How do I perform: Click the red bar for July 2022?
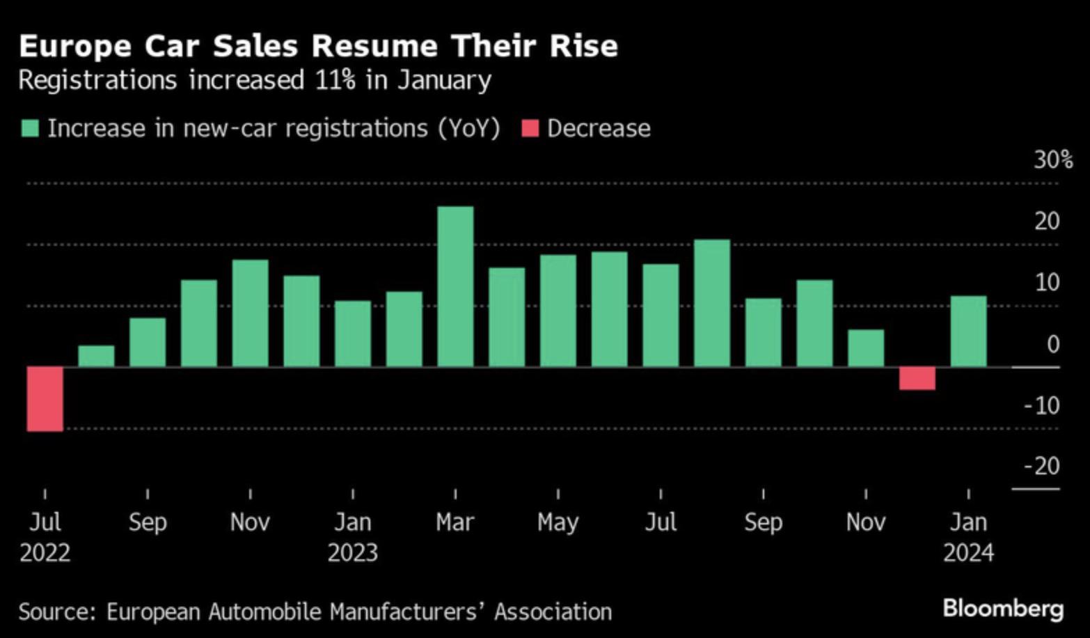coord(45,398)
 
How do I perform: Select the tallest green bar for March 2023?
coord(455,286)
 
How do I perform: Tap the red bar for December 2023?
coord(917,378)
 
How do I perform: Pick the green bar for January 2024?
coord(968,332)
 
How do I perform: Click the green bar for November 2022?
coord(250,313)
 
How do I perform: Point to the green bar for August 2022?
coord(96,356)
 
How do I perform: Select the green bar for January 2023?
coord(353,334)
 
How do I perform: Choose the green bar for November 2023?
coord(866,348)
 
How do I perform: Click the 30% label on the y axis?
coord(1052,160)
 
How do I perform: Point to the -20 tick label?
coord(1042,465)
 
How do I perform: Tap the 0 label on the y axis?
coord(1052,344)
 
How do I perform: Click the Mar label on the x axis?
coord(455,522)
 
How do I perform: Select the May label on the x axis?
coord(558,522)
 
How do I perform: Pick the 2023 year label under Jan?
coord(353,553)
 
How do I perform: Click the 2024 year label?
coord(968,553)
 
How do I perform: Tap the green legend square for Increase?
coord(30,129)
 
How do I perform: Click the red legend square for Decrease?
coord(530,129)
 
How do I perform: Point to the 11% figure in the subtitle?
coord(335,80)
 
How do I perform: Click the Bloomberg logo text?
coord(1003,609)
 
